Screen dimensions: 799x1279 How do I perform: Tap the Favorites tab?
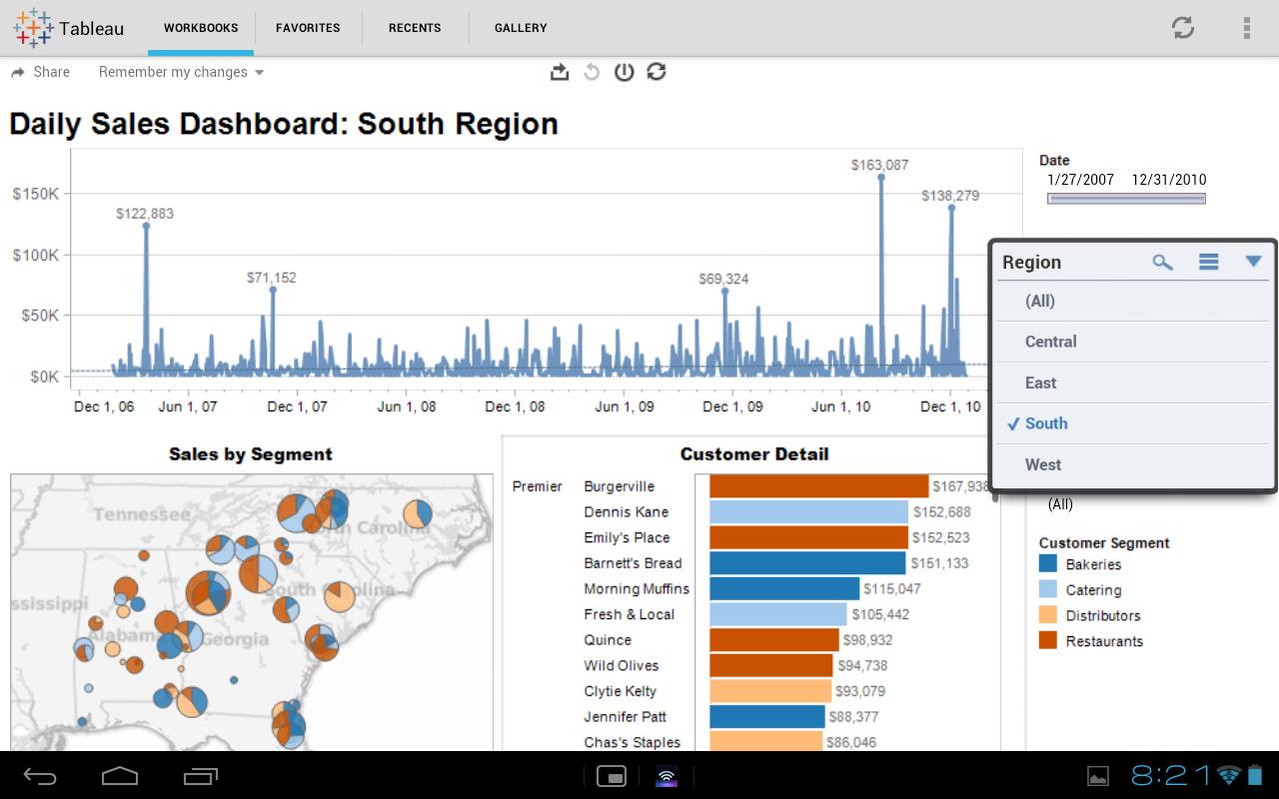pos(308,28)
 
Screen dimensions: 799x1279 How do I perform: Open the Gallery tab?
pos(521,28)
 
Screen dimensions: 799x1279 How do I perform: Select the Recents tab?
pos(415,28)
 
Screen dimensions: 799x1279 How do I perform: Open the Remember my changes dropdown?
pos(181,72)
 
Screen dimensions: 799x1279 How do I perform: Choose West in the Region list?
pos(1043,464)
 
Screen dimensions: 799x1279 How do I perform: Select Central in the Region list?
pos(1050,342)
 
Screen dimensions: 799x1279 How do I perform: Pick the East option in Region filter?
pos(1040,383)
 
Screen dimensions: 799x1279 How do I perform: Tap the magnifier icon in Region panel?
pos(1162,262)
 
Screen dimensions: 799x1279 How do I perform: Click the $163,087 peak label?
pos(879,165)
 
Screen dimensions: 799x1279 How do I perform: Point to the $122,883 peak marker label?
pos(145,214)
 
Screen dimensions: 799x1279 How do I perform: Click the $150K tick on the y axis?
pos(35,193)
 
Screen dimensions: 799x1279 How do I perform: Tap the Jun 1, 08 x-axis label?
pos(406,406)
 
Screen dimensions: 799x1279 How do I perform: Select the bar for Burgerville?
pos(818,486)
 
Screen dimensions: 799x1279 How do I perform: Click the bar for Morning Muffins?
pos(783,588)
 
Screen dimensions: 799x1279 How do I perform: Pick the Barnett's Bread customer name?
pos(633,563)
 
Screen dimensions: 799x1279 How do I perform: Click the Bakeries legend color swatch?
pos(1048,564)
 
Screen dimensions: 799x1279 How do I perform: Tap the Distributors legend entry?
pos(1102,615)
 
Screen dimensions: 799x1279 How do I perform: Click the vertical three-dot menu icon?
pos(1246,28)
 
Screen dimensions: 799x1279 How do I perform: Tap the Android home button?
pos(120,775)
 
